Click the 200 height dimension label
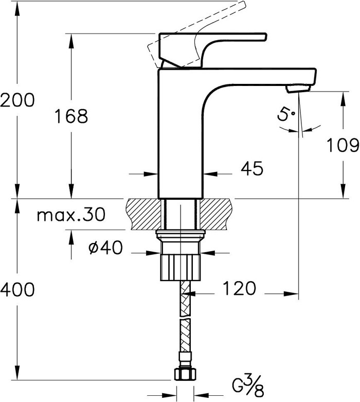pyautogui.click(x=17, y=100)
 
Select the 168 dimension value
pyautogui.click(x=71, y=116)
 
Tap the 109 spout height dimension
pyautogui.click(x=343, y=145)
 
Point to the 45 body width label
pyautogui.click(x=252, y=168)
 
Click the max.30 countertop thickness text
pyautogui.click(x=71, y=215)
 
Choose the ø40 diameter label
pyautogui.click(x=105, y=248)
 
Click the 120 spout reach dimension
pyautogui.click(x=239, y=288)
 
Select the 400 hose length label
pyautogui.click(x=17, y=290)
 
